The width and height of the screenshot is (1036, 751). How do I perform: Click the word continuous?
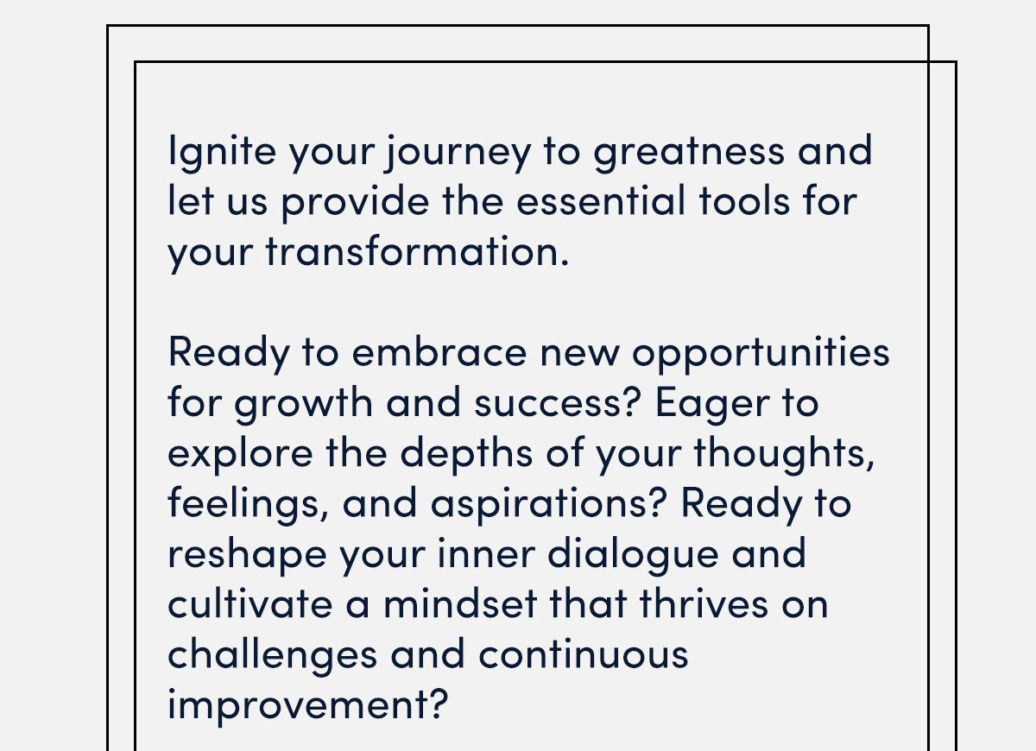584,654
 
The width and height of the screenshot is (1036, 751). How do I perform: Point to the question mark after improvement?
439,704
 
